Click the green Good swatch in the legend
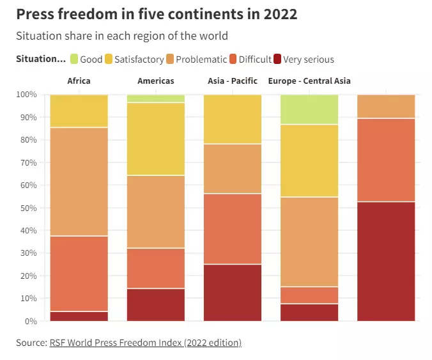pyautogui.click(x=74, y=59)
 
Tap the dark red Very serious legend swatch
pyautogui.click(x=277, y=59)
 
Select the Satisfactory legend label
pyautogui.click(x=139, y=59)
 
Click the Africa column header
pyautogui.click(x=79, y=81)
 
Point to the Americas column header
pyautogui.click(x=156, y=81)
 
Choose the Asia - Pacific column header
pyautogui.click(x=233, y=81)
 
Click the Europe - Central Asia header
pyautogui.click(x=309, y=81)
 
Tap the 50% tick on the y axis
pyautogui.click(x=28, y=208)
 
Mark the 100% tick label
pyautogui.click(x=26, y=94)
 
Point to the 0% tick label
pyautogui.click(x=31, y=321)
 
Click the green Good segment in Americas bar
pyautogui.click(x=156, y=98)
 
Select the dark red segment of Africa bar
pyautogui.click(x=79, y=317)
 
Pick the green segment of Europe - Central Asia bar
pyautogui.click(x=309, y=109)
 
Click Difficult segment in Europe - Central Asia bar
pyautogui.click(x=309, y=295)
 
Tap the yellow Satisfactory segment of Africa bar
pyautogui.click(x=79, y=111)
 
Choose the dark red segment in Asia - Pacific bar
pyautogui.click(x=233, y=293)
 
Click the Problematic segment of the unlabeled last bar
pyautogui.click(x=386, y=106)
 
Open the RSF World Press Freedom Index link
pyautogui.click(x=146, y=343)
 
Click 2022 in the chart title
pyautogui.click(x=281, y=14)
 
